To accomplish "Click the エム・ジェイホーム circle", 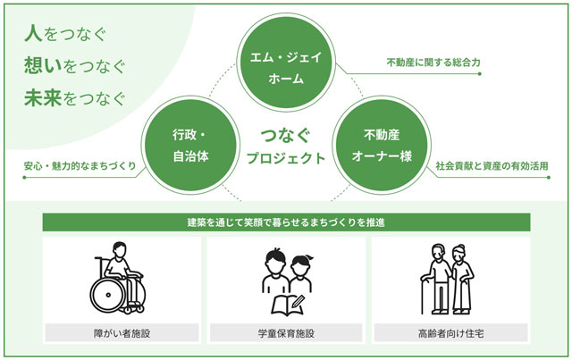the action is (x=286, y=62).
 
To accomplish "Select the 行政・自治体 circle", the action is (x=190, y=146).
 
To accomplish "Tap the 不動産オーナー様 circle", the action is (x=382, y=146).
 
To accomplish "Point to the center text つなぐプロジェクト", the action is (x=286, y=147).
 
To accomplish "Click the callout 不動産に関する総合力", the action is (x=433, y=63).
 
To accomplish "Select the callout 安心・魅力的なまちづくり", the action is (x=80, y=166).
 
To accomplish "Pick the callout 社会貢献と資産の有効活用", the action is (x=492, y=166).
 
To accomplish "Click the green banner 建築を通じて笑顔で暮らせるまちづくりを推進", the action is (x=286, y=222).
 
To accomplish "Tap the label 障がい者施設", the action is (x=122, y=333).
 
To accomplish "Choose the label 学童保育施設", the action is (x=286, y=333).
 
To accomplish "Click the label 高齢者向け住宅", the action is (x=450, y=333).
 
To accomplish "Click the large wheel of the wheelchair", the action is (x=108, y=295).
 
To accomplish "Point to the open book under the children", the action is (x=288, y=305).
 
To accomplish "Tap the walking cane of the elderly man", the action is (x=423, y=295).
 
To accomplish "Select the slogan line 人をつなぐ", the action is (x=65, y=34).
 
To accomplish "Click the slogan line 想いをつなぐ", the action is (x=75, y=66).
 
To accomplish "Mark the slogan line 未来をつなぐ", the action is (x=75, y=98).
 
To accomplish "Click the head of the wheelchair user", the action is (x=120, y=249).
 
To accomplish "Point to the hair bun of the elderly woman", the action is (x=461, y=247).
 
